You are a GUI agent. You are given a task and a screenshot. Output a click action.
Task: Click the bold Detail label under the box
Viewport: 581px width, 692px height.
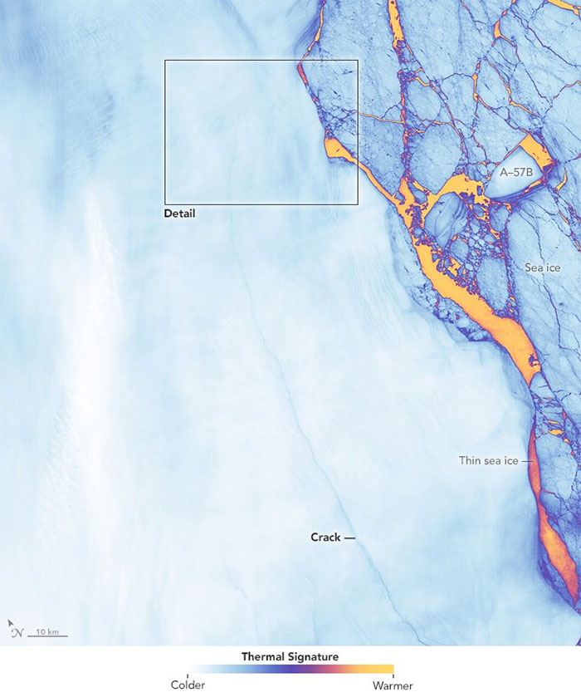point(182,213)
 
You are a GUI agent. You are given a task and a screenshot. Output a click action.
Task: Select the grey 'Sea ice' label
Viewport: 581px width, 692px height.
point(543,267)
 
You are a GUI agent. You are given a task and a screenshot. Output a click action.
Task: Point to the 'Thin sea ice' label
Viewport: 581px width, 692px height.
point(489,460)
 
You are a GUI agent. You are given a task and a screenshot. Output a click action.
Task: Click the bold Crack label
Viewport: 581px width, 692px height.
point(325,537)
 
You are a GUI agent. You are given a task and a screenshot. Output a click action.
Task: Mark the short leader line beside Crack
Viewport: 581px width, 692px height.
point(349,538)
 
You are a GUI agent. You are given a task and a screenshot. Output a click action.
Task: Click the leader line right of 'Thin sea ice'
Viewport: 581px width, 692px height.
point(525,460)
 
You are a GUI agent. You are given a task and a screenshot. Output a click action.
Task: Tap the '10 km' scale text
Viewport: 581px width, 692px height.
point(47,632)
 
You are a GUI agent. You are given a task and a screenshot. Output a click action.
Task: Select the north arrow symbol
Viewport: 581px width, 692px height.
point(17,632)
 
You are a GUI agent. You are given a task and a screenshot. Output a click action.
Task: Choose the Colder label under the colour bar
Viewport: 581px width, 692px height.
point(188,685)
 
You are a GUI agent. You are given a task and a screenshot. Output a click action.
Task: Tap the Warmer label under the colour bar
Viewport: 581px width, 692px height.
point(393,685)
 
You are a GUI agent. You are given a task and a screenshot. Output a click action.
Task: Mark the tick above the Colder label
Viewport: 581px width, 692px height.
point(188,675)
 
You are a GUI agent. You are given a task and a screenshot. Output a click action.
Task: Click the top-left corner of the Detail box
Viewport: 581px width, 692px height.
point(165,60)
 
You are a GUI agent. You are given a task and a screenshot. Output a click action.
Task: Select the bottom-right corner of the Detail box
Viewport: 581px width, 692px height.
point(358,204)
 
